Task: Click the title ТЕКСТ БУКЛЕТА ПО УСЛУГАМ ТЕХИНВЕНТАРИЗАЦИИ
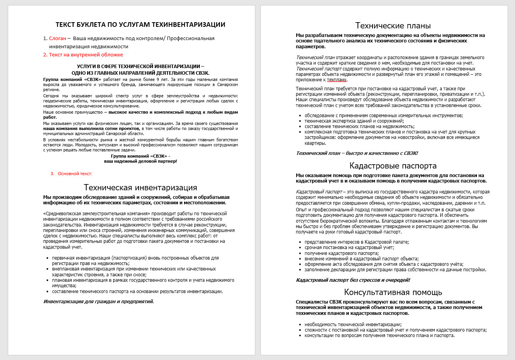click(x=140, y=25)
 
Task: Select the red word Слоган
click(x=58, y=39)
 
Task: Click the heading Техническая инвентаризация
click(x=140, y=188)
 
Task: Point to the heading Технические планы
click(x=393, y=26)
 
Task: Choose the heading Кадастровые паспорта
click(x=393, y=166)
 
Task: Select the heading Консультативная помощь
click(x=393, y=292)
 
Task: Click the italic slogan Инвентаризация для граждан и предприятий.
click(x=98, y=302)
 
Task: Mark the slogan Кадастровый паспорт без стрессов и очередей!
click(x=353, y=280)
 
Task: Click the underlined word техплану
click(x=337, y=80)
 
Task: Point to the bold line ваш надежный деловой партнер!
click(x=140, y=161)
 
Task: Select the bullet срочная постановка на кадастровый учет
click(x=349, y=248)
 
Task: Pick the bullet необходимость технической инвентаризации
click(x=353, y=325)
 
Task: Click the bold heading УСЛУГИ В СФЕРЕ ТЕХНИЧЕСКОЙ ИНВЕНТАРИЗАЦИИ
click(x=140, y=67)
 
